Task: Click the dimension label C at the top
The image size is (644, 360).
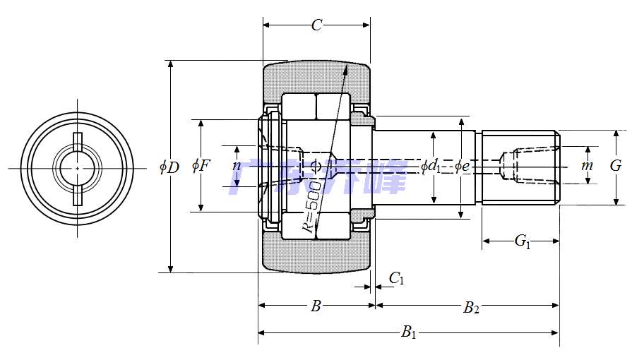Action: click(x=316, y=26)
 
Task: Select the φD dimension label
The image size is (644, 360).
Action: click(x=169, y=167)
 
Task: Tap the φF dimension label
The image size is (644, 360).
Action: click(x=201, y=166)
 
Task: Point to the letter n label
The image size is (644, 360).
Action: click(x=237, y=166)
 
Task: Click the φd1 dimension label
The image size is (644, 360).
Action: click(x=431, y=167)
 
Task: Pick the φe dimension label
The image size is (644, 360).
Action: click(x=461, y=167)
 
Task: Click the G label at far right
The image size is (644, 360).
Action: click(x=616, y=166)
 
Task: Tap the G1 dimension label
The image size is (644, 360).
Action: click(x=522, y=241)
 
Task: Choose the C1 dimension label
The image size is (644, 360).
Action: click(x=396, y=279)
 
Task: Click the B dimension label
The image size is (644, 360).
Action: click(x=316, y=306)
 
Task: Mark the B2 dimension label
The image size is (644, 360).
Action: click(x=471, y=308)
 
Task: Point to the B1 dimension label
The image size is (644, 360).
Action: click(x=409, y=332)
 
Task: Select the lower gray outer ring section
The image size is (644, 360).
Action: click(x=316, y=256)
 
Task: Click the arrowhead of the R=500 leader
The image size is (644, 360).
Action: click(x=346, y=69)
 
